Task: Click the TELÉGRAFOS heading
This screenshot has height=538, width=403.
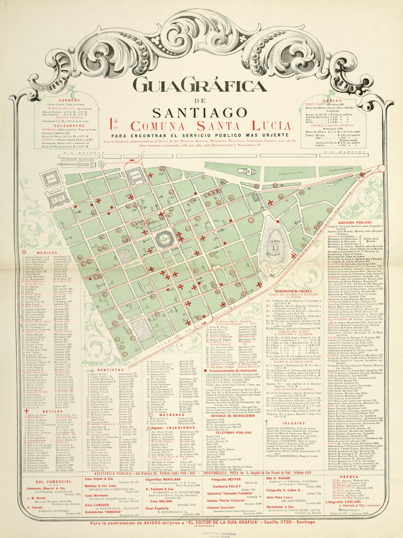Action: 69,126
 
